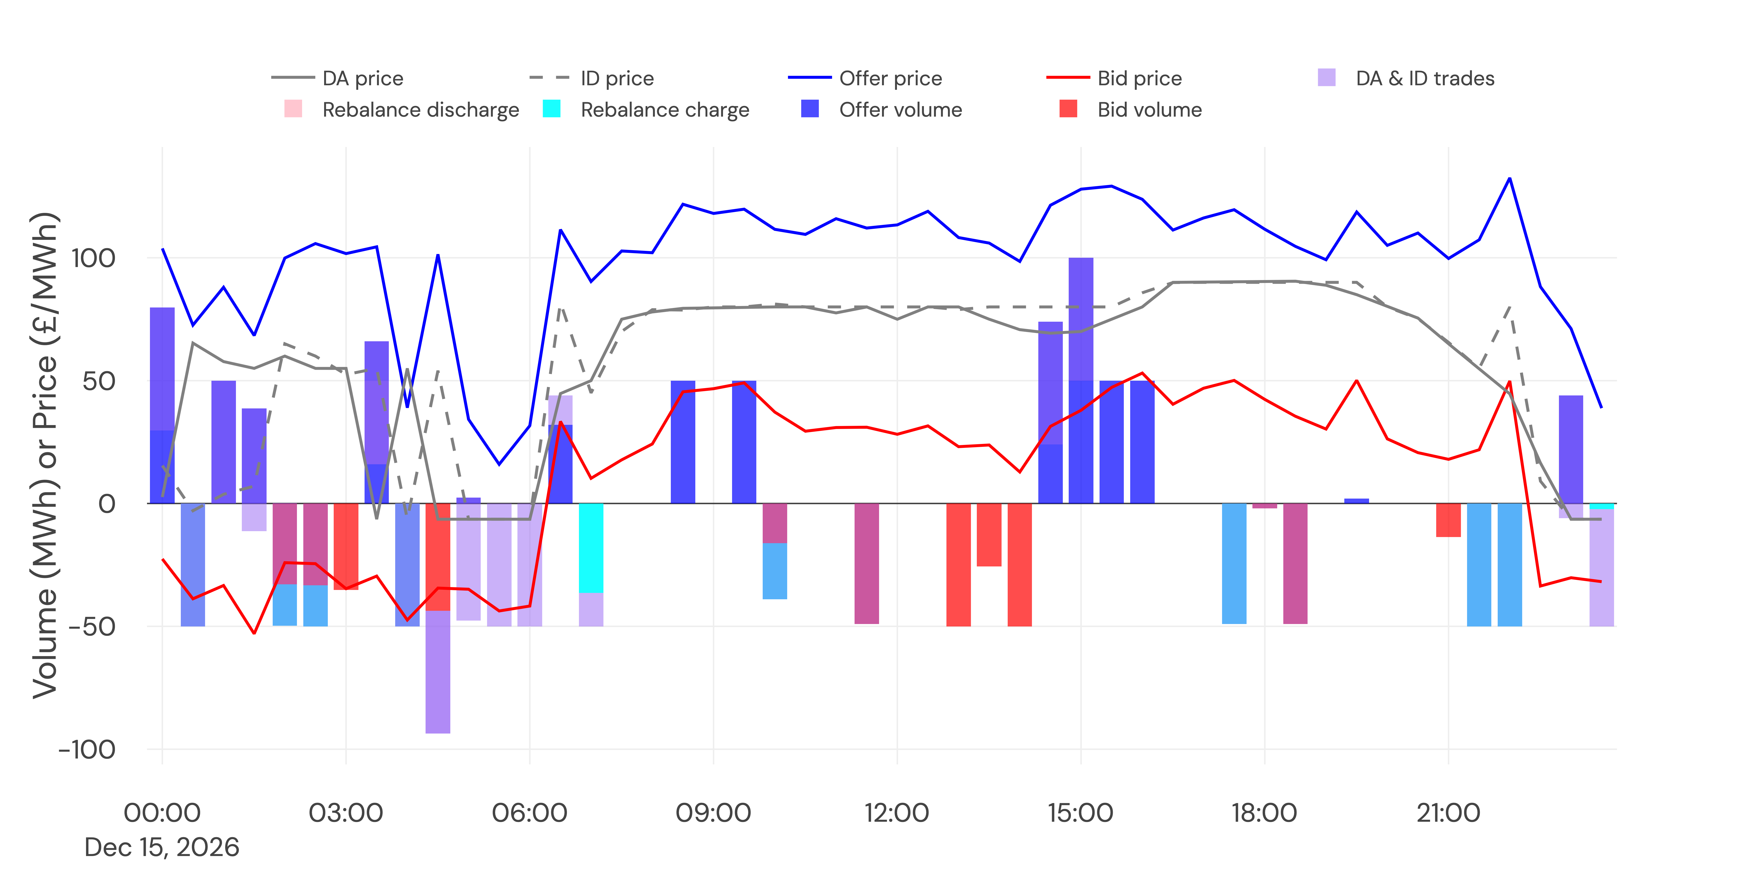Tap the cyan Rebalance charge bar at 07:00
tap(591, 548)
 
